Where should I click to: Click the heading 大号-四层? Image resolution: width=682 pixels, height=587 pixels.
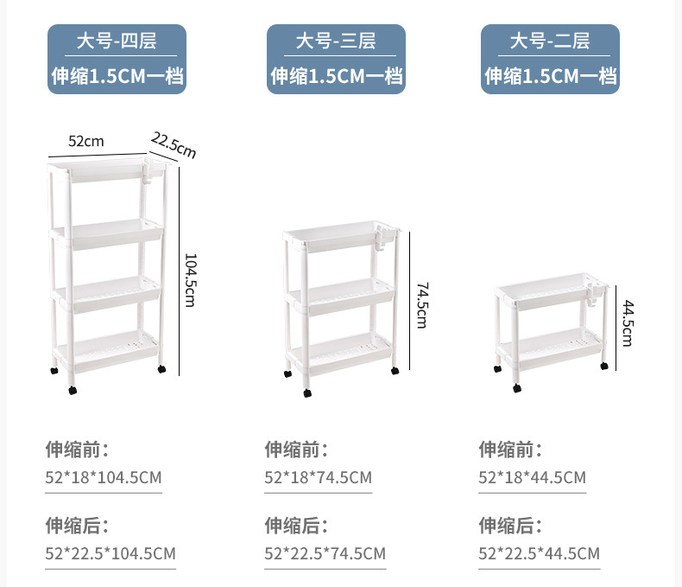[x=117, y=41]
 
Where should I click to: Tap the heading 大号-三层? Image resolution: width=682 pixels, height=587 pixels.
[x=336, y=41]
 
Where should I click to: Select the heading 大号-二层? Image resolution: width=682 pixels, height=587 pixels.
[x=550, y=41]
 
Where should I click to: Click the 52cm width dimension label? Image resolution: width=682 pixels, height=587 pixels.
[x=86, y=140]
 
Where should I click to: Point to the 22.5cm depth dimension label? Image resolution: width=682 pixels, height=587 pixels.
[x=174, y=144]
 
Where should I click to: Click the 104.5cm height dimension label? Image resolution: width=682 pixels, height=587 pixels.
[x=191, y=278]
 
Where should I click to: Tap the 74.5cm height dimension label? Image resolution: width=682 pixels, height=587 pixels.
[x=421, y=304]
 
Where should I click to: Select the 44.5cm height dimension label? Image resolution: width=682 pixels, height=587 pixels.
[x=628, y=322]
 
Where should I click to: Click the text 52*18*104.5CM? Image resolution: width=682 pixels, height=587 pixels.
[x=104, y=478]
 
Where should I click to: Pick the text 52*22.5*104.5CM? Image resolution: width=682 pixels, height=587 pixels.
[x=111, y=553]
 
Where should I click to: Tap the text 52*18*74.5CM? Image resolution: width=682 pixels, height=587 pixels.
[x=318, y=478]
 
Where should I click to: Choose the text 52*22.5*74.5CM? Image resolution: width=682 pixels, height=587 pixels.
[x=325, y=553]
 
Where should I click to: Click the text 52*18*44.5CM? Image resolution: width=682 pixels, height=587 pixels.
[x=533, y=478]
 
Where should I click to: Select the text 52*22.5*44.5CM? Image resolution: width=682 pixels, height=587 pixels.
[x=540, y=553]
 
